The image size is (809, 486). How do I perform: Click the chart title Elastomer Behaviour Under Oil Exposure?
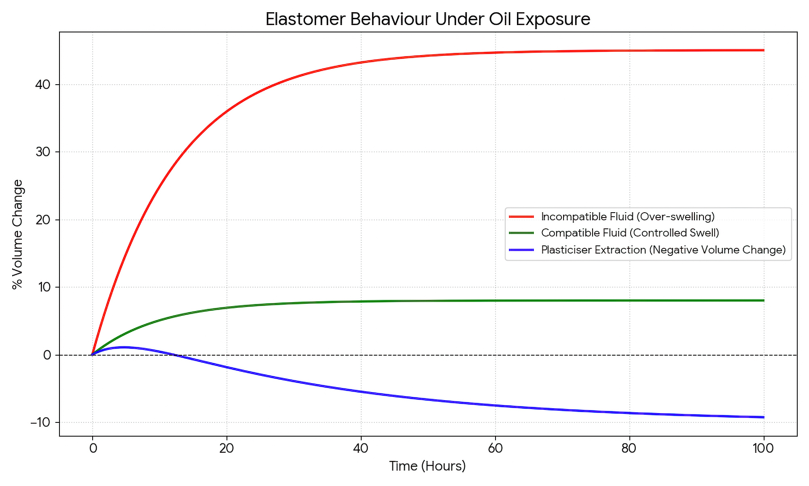pos(428,19)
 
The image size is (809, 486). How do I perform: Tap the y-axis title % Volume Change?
pos(17,234)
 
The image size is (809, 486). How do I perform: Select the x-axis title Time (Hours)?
pos(428,466)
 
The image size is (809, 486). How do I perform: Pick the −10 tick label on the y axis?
pos(41,422)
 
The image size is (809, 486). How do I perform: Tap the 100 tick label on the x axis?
pos(764,448)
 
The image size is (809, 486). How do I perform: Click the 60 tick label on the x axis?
pos(495,448)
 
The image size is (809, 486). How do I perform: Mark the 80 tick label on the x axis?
pos(629,448)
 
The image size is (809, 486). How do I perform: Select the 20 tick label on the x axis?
pos(227,448)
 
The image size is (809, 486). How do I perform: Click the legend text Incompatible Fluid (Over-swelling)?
pos(628,217)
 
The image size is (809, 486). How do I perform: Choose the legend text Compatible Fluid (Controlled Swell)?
pos(630,233)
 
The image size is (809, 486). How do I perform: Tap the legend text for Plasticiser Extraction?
pos(663,250)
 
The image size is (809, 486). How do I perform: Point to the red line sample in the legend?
pos(521,217)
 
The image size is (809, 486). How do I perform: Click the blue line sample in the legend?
pos(521,250)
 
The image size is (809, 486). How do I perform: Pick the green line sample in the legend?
pos(521,233)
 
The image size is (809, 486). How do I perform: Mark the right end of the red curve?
pos(763,50)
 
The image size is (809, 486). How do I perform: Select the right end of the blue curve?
pos(763,417)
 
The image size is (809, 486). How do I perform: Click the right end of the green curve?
pos(763,301)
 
